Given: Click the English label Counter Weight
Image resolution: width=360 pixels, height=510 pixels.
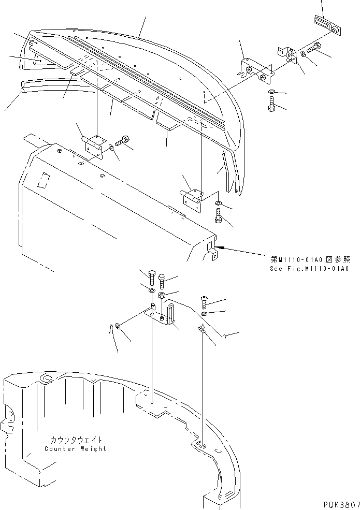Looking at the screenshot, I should tap(75, 449).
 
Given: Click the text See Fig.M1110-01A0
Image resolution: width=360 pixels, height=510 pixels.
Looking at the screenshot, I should tap(310, 269).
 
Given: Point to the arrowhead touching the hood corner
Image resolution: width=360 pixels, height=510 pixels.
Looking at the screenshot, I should tap(220, 248).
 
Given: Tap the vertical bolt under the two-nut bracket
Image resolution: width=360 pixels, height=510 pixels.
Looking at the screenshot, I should tap(272, 107).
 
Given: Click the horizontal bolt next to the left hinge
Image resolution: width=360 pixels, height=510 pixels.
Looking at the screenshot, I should tap(123, 140).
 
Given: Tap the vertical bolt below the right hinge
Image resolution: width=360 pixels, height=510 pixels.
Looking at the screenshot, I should tap(218, 215).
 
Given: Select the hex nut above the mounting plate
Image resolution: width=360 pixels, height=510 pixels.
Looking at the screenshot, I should tap(162, 295).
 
